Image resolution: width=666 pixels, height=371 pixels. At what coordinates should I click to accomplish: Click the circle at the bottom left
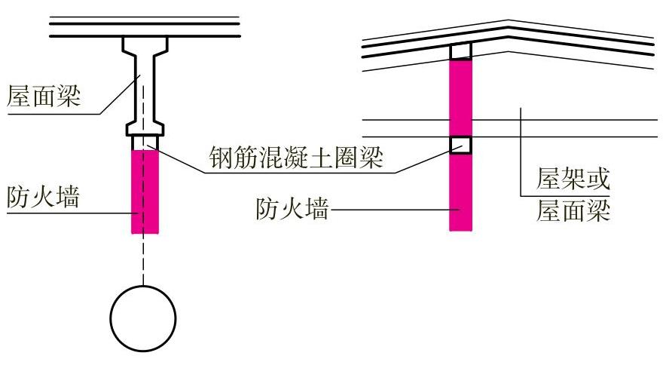(143, 317)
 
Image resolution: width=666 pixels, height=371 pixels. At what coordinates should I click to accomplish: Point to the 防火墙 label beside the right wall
(292, 209)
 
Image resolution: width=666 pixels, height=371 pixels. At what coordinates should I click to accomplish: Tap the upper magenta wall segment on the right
(460, 97)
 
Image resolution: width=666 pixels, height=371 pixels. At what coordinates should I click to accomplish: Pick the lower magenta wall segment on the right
(460, 192)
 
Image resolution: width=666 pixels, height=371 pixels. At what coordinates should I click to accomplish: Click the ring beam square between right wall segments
(460, 144)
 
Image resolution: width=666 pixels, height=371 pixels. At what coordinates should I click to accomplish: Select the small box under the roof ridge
(460, 51)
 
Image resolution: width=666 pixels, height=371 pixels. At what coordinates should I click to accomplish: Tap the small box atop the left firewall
(145, 143)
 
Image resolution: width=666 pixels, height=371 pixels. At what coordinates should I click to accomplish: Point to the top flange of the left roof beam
(145, 44)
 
